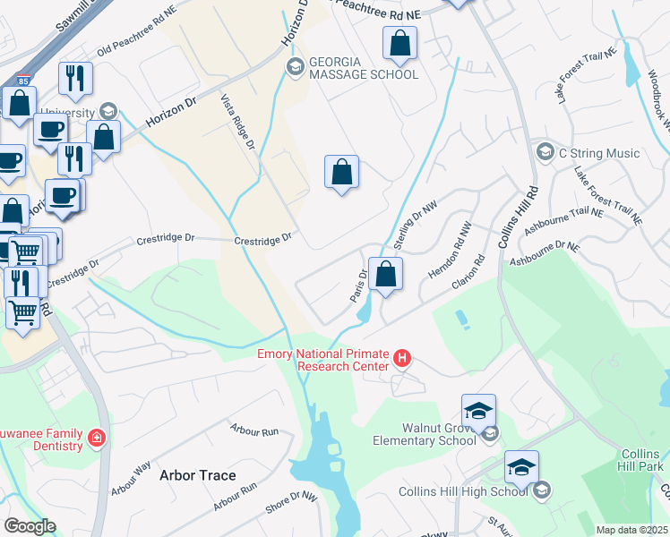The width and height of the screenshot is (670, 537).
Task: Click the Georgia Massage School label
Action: point(364,67)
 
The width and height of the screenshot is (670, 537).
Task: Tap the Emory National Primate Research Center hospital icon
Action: point(402,360)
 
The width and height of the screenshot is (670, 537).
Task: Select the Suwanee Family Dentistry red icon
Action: point(96,439)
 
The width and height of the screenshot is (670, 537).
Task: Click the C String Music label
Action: point(599,154)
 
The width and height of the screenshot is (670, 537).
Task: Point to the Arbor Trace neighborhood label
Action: point(198,475)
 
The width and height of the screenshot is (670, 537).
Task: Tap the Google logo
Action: point(29,526)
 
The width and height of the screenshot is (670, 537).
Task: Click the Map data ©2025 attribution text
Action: point(631,530)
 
